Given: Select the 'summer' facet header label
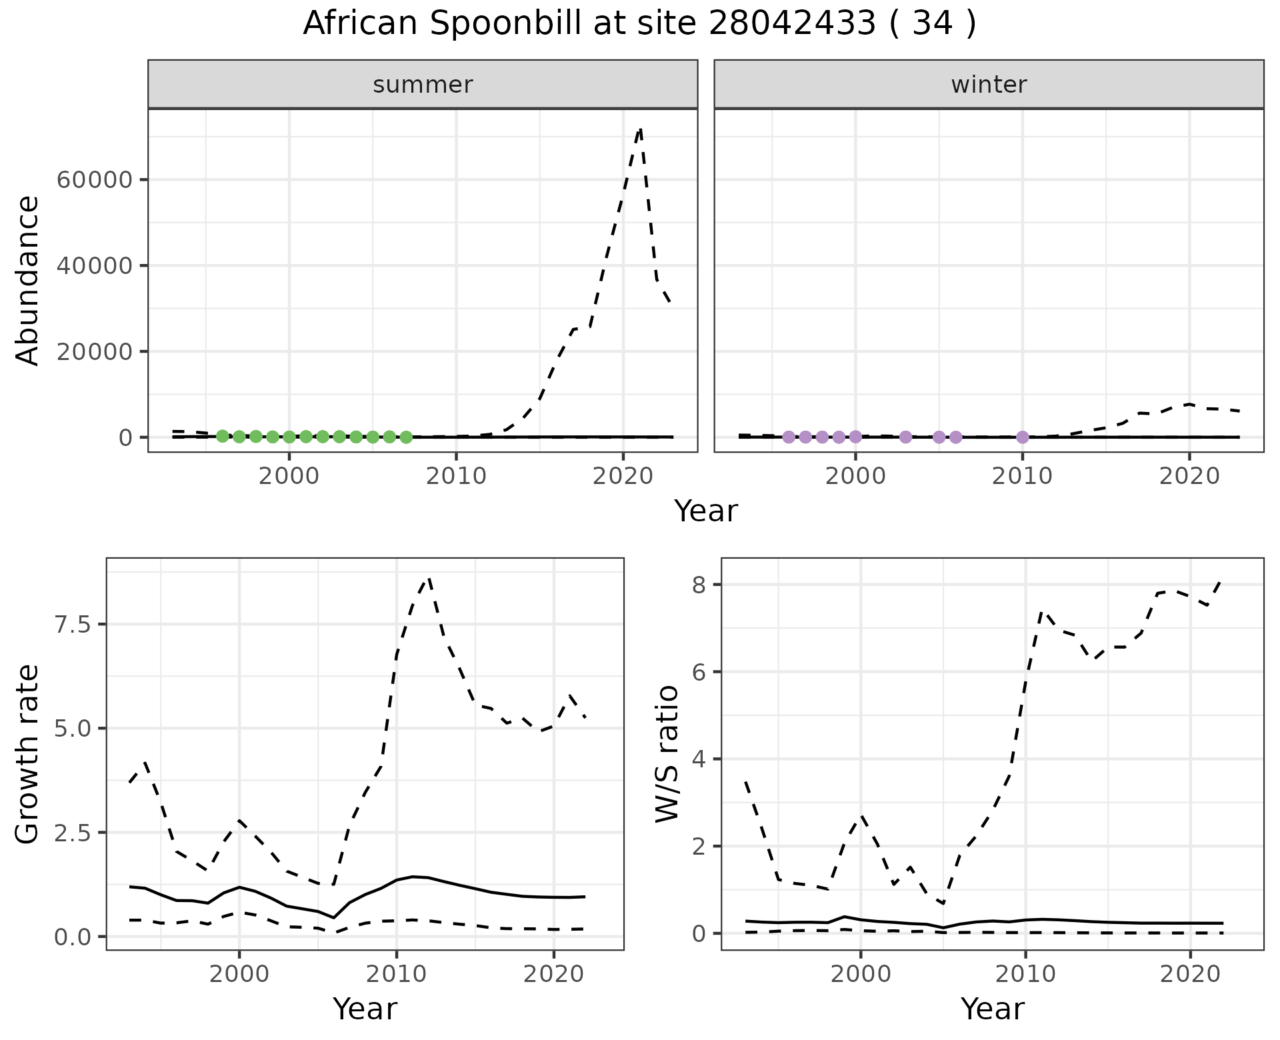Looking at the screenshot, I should tap(423, 85).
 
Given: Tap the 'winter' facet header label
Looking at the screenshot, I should tap(989, 85).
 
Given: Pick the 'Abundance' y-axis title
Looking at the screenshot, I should tap(28, 280).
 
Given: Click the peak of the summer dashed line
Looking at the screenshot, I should tap(640, 129).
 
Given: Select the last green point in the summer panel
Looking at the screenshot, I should tap(406, 437).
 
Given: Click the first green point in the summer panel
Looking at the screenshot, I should tap(223, 436).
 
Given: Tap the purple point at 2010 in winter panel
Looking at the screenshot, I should tap(1023, 437).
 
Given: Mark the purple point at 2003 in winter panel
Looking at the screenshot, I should tap(905, 437).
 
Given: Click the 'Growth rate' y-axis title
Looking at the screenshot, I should tap(28, 755).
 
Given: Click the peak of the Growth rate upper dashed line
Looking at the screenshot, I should tap(429, 579).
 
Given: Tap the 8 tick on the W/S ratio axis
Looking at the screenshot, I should tap(699, 585).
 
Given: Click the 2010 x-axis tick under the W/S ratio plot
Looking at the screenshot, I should tap(1025, 975).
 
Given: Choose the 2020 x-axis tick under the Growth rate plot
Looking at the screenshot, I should tap(553, 975).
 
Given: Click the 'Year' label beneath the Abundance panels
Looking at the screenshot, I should tap(706, 511).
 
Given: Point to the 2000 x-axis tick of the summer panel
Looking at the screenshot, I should tap(289, 476).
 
